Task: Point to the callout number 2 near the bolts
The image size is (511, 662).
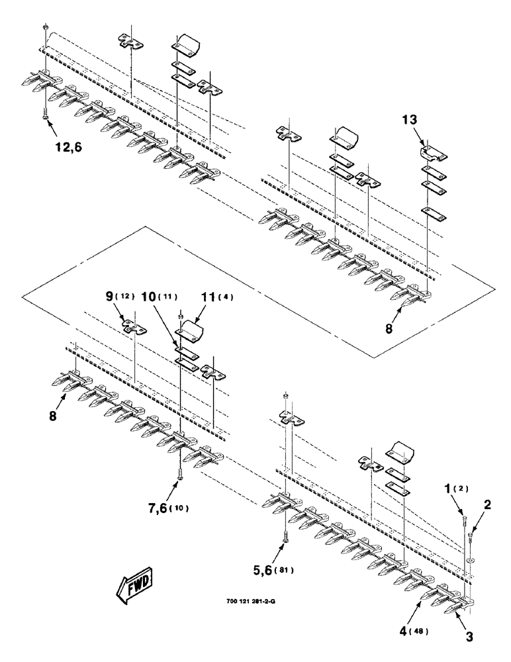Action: [x=487, y=504]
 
